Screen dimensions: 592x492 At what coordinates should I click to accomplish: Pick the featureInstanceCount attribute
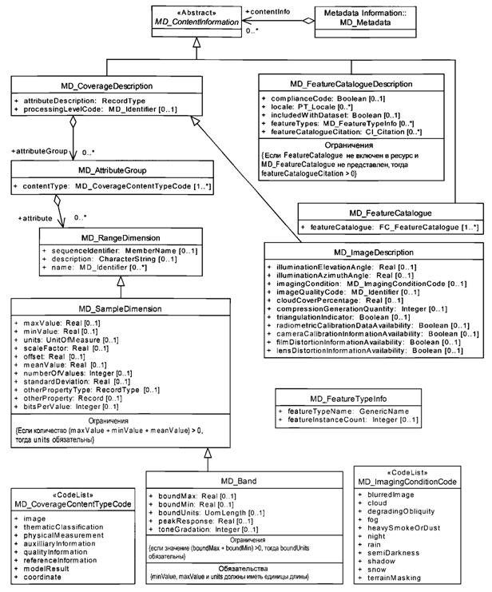click(342, 419)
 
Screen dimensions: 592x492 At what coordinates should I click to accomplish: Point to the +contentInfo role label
click(269, 12)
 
